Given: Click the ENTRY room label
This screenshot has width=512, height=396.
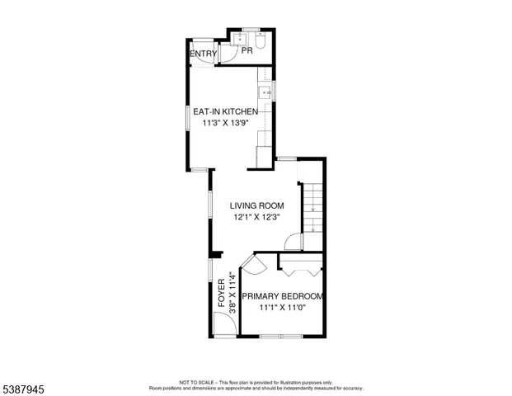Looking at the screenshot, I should click(x=203, y=54).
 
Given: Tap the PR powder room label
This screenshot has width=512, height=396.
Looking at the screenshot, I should click(x=246, y=51).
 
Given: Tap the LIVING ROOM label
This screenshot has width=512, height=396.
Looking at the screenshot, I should click(x=256, y=206).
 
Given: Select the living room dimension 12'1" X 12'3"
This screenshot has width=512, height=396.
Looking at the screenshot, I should click(x=256, y=218).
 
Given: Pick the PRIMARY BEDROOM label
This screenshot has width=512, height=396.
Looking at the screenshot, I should click(x=282, y=296).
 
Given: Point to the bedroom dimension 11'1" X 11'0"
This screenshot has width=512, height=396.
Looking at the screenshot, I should click(x=282, y=309).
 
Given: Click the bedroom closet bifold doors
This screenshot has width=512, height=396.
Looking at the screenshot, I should click(x=301, y=268).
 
